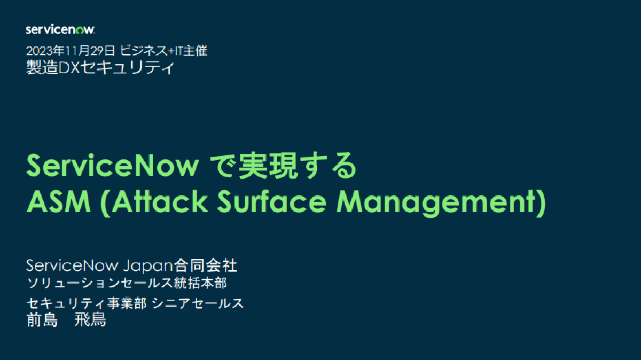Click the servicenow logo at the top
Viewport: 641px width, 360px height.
click(x=60, y=29)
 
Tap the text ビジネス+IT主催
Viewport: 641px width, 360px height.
click(x=163, y=51)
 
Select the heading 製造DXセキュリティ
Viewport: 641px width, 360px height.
click(x=100, y=68)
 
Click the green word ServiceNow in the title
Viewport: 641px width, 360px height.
click(x=112, y=167)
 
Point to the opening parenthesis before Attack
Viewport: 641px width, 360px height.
click(x=106, y=202)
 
